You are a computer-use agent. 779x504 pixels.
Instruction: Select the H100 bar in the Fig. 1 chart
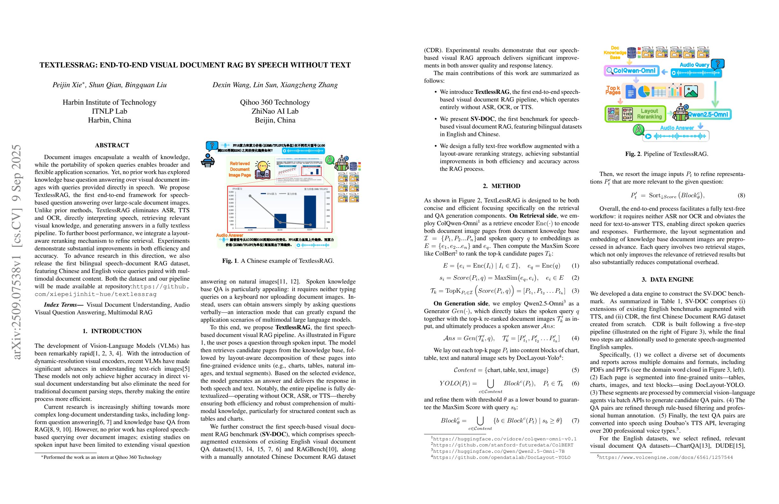tap(280, 221)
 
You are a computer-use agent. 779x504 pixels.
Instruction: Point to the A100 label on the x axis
tap(250, 230)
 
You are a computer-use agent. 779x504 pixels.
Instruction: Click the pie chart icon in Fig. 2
tap(644, 91)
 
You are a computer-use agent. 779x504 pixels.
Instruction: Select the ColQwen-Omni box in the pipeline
tap(631, 71)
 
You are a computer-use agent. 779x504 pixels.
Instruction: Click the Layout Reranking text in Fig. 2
tap(649, 114)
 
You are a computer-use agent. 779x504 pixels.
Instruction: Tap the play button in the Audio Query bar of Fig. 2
tap(674, 73)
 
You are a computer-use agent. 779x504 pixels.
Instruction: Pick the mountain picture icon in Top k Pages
tap(691, 91)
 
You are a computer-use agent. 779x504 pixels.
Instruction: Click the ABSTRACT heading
tap(112, 145)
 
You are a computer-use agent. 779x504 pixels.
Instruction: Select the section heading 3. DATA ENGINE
tap(667, 279)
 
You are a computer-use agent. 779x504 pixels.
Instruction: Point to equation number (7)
tap(575, 421)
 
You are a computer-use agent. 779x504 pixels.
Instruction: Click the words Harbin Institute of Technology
tap(109, 102)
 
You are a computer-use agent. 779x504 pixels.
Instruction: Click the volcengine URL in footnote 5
tap(666, 458)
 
